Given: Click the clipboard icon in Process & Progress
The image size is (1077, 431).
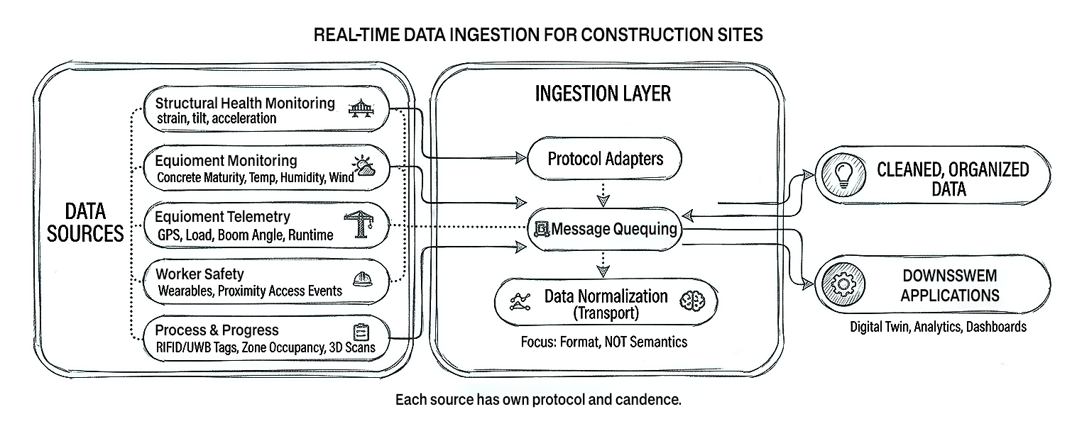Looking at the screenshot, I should point(361,332).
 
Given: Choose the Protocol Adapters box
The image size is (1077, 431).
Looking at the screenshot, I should point(605,158).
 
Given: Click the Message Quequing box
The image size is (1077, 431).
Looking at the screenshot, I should point(605,229).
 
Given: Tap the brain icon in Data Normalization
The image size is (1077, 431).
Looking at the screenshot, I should point(689,301).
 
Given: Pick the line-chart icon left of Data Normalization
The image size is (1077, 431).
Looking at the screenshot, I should point(520,302).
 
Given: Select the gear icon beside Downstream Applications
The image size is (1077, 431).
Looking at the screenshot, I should point(843,285).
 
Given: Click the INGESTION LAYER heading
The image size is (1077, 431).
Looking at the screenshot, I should point(602,94).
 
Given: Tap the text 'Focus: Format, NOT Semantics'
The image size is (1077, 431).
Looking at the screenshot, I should point(604,342).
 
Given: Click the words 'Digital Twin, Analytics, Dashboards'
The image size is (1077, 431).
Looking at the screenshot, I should point(937,327).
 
